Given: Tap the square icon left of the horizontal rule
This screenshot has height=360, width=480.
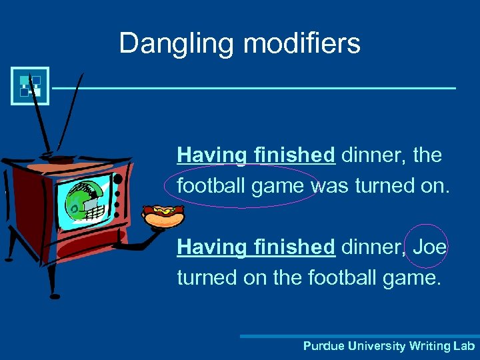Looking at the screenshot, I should coord(30,86).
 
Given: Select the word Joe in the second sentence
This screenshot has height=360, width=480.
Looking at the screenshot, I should coord(429,247).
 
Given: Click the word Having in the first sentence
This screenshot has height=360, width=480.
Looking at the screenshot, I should coord(211,155).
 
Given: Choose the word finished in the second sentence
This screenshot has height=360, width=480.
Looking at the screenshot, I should coord(294,247).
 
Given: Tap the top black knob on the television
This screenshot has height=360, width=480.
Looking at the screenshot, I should coord(118,179).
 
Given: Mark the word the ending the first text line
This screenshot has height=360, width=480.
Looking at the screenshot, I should coord(427,155).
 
